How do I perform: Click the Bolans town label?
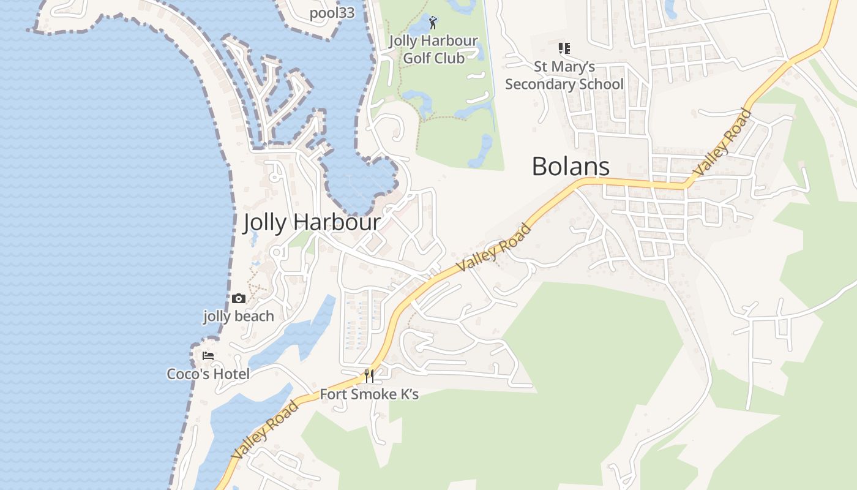571,167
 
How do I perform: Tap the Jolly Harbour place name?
312,222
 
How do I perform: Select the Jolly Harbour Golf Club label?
433,50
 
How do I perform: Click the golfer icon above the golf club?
433,23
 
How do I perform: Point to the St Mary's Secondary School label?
564,75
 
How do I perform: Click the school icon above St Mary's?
564,48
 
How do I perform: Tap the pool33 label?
332,13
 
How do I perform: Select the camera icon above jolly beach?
239,299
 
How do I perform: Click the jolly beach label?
239,316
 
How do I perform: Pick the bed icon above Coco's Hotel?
208,355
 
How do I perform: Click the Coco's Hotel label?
208,374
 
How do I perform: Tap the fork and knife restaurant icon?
369,376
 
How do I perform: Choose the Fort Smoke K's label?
369,394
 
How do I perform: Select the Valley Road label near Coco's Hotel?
265,429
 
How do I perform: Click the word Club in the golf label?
450,58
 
